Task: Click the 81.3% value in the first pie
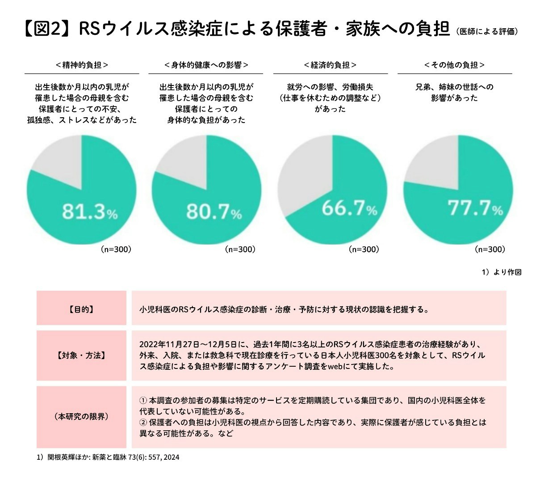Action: [x=89, y=212]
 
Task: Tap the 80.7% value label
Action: [x=214, y=212]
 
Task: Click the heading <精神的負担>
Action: [x=82, y=65]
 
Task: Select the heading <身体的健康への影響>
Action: [x=206, y=65]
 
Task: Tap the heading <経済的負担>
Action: [x=330, y=65]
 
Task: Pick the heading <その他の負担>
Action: [x=455, y=65]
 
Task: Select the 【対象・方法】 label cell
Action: [x=81, y=356]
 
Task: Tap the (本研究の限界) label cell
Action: [x=81, y=417]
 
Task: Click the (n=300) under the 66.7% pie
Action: [x=364, y=250]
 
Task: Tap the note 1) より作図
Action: [x=501, y=272]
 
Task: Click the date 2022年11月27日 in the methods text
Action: [x=166, y=345]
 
